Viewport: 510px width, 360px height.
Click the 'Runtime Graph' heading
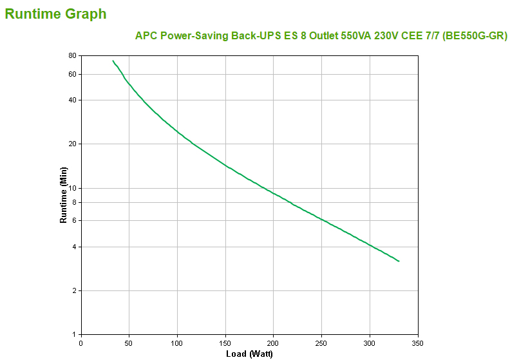(55, 14)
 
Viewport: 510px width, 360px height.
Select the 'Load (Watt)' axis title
(249, 354)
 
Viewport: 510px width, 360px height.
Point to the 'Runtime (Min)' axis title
(63, 195)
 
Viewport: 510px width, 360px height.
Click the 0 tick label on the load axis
(80, 343)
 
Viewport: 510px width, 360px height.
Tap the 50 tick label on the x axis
(129, 343)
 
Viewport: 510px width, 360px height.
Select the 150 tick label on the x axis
(225, 343)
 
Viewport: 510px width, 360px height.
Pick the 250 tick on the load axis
(321, 343)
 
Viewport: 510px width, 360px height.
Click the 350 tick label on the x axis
(418, 343)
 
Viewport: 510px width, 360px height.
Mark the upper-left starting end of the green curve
(113, 61)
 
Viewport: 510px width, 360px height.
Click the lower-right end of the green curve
(399, 261)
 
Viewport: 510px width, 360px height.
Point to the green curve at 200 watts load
(274, 193)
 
